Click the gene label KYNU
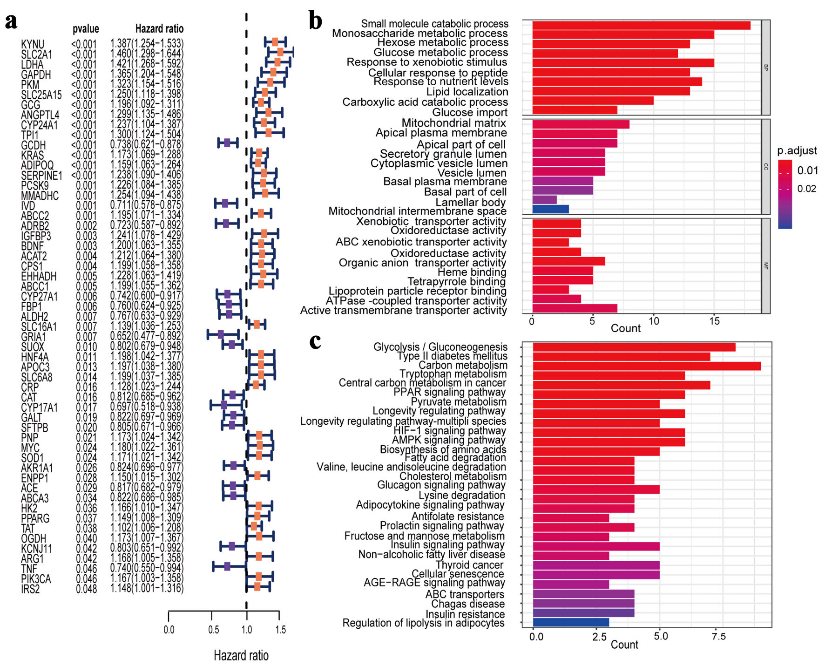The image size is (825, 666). click(33, 45)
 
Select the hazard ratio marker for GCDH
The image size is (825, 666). click(227, 143)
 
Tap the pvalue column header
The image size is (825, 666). click(86, 29)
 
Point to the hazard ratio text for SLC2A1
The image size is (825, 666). click(147, 54)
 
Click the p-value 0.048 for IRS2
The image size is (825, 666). click(86, 589)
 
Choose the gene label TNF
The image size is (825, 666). click(29, 569)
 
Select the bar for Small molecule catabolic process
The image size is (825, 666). click(641, 25)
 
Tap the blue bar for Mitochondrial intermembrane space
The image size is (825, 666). click(550, 209)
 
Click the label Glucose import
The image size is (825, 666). click(470, 113)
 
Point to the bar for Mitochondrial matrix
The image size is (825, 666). click(580, 124)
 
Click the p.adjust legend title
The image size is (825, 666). click(797, 151)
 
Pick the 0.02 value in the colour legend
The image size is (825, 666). click(807, 189)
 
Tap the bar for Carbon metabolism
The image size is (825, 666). click(646, 366)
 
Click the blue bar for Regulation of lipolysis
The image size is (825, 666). click(571, 622)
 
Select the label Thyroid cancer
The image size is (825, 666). click(469, 565)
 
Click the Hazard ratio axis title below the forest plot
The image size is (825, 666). click(241, 655)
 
